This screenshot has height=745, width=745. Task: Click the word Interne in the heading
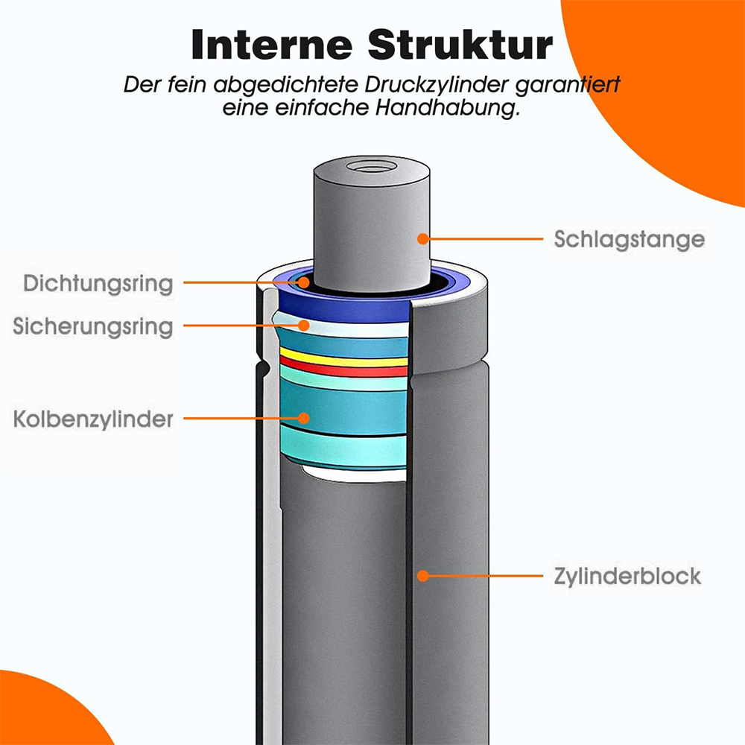pyautogui.click(x=272, y=45)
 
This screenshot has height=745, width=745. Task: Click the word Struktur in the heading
pyautogui.click(x=460, y=45)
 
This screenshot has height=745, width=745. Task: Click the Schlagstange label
pyautogui.click(x=629, y=240)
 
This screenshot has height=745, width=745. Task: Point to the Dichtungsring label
pyautogui.click(x=98, y=284)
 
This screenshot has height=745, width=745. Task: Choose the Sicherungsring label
pyautogui.click(x=92, y=327)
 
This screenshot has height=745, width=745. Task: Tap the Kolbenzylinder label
pyautogui.click(x=93, y=419)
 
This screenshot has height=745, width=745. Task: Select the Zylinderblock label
pyautogui.click(x=627, y=577)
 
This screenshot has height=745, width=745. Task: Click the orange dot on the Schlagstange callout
pyautogui.click(x=423, y=239)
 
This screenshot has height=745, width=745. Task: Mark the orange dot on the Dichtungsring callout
pyautogui.click(x=304, y=282)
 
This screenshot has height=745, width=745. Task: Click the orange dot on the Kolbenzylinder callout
pyautogui.click(x=304, y=418)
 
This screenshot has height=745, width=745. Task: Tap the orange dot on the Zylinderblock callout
pyautogui.click(x=423, y=576)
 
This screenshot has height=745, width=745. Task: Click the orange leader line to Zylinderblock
pyautogui.click(x=483, y=576)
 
